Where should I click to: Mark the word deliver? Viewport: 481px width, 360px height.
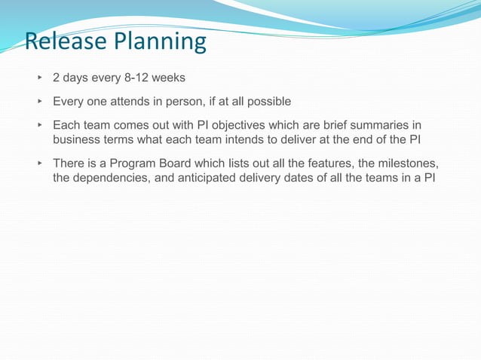click(x=306, y=139)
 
